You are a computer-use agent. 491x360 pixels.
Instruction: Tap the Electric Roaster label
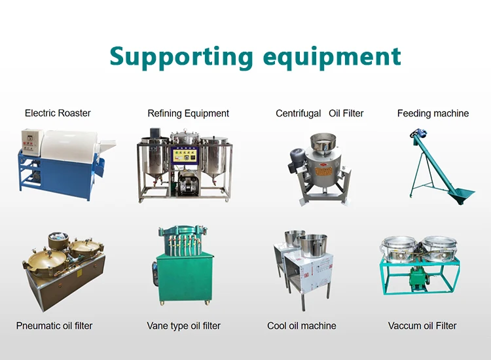58,113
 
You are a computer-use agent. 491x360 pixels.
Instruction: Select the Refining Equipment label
188,113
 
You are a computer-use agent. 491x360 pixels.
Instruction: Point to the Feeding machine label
433,113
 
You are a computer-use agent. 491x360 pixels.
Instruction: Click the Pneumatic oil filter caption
54,325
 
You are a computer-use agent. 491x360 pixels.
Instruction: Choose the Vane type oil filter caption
183,325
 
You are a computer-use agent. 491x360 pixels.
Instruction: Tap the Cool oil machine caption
302,325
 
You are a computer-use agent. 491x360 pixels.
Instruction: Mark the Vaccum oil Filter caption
422,325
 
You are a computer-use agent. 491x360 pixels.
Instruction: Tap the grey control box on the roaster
29,141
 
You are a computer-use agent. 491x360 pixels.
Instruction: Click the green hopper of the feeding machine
461,192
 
